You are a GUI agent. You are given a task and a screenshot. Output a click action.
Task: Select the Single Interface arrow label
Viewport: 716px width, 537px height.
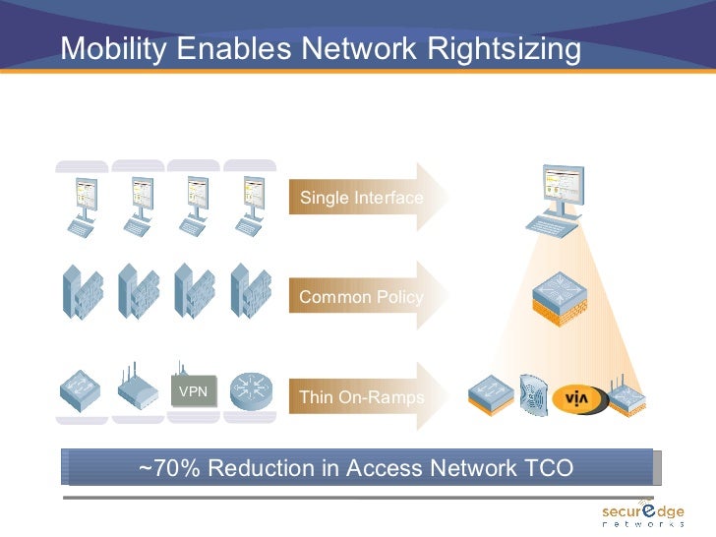[361, 198]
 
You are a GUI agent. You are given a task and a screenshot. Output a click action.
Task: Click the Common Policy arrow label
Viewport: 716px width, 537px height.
[361, 297]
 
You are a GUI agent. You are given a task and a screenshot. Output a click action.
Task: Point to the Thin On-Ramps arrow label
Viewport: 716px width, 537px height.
[361, 397]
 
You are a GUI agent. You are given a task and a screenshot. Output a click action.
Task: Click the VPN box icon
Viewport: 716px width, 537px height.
[193, 391]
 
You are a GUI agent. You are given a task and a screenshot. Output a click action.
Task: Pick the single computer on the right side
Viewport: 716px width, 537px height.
[556, 200]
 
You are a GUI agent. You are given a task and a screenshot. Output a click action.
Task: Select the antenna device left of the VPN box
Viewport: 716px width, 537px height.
[137, 392]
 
